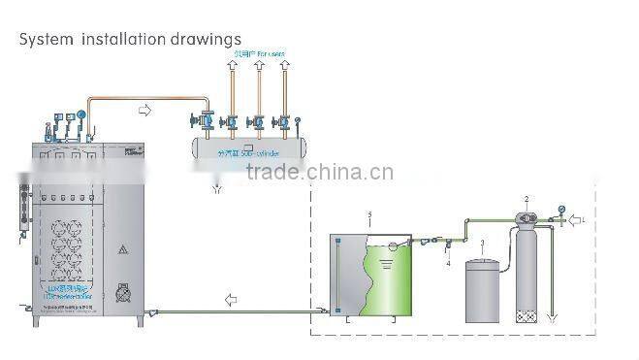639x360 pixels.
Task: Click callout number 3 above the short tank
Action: click(x=482, y=242)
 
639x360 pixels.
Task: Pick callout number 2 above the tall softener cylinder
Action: click(x=527, y=200)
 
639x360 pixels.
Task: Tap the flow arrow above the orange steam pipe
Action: click(x=145, y=111)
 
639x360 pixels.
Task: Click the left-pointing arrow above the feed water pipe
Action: click(x=230, y=300)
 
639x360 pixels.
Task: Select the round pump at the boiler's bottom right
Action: click(x=123, y=289)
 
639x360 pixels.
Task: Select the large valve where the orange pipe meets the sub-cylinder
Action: click(x=205, y=124)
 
